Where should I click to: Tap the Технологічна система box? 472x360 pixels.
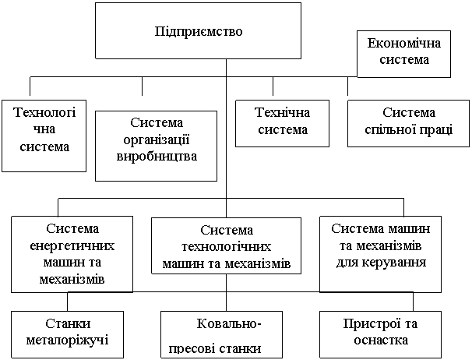[x=44, y=134]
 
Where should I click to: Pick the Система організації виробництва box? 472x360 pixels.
[x=156, y=146]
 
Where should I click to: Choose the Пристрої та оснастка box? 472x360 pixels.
[x=379, y=334]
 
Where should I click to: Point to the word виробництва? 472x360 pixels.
[x=156, y=155]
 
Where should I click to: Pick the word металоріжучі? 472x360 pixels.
[x=67, y=340]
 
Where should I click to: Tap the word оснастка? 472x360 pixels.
[x=379, y=341]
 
